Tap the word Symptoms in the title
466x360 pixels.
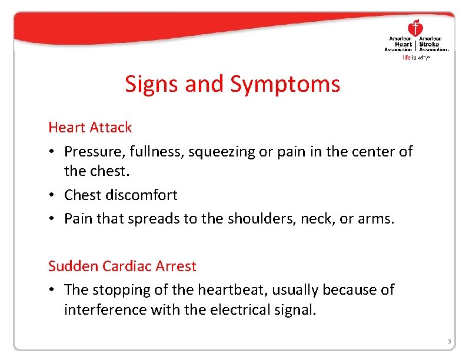[x=285, y=85]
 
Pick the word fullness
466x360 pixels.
[x=156, y=152]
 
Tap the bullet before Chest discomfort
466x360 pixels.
[x=52, y=195]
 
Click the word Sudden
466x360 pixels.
[x=73, y=266]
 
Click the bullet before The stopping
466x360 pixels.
[x=52, y=290]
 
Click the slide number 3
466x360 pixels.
[x=448, y=342]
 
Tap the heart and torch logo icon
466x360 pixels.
[x=415, y=28]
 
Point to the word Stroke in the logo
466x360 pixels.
[x=428, y=44]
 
